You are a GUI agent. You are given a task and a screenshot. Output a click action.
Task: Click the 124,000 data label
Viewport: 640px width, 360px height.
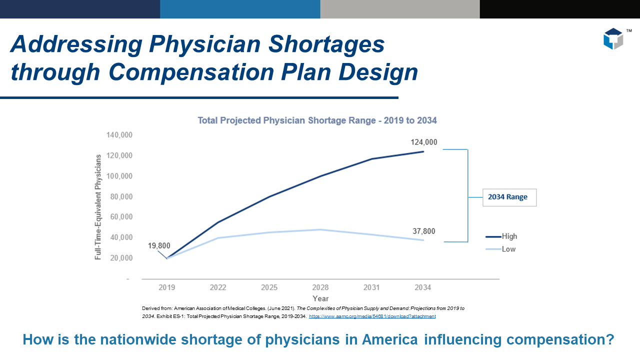[424, 142]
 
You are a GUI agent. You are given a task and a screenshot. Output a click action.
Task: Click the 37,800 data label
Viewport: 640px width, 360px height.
[423, 231]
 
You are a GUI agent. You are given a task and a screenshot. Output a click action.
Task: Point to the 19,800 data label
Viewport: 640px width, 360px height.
[159, 245]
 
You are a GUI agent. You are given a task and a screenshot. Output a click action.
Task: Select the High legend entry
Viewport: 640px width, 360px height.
[509, 236]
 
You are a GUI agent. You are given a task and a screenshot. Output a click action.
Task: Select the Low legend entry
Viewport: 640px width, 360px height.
[508, 249]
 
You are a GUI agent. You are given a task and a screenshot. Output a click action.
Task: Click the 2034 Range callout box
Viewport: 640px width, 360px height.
[509, 197]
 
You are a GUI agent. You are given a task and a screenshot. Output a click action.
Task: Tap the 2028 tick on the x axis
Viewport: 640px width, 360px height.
[320, 287]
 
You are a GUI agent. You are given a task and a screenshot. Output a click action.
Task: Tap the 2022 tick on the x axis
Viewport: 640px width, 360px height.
[218, 287]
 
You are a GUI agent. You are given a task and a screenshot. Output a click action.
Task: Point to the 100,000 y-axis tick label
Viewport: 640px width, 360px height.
[119, 176]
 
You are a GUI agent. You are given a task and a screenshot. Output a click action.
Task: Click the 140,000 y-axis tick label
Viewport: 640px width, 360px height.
[119, 135]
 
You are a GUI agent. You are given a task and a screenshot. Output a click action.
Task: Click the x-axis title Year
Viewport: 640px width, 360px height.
[320, 298]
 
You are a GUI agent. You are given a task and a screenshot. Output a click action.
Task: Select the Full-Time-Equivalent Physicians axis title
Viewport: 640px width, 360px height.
[98, 206]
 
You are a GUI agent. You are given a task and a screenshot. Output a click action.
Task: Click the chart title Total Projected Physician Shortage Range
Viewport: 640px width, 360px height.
[317, 120]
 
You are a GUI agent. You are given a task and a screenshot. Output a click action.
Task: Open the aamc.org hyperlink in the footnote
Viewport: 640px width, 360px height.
[372, 316]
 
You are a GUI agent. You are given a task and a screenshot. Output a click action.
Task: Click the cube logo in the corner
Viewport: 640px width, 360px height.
[613, 39]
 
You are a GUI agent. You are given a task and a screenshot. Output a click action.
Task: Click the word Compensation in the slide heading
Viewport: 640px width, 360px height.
[187, 72]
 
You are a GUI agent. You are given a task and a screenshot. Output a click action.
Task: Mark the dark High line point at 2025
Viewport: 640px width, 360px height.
[269, 196]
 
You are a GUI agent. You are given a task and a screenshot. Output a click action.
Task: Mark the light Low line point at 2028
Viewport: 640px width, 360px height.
[320, 229]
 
